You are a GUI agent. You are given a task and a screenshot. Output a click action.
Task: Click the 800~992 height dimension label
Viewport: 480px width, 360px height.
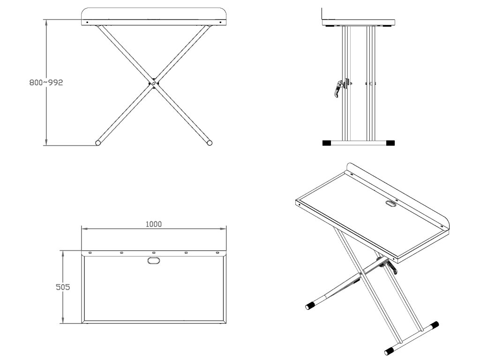46,82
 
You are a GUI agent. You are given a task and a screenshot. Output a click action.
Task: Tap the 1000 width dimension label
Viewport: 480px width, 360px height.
153,224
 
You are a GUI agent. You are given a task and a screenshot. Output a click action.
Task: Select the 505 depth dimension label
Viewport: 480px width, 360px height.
63,287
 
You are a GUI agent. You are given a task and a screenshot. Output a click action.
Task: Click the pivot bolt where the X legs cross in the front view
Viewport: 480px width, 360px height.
153,82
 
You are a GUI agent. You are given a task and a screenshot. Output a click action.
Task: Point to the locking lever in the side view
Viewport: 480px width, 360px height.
338,89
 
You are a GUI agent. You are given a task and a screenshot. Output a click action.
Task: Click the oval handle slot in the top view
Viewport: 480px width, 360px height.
153,261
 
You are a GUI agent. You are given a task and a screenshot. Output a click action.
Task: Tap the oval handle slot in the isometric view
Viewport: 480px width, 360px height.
390,204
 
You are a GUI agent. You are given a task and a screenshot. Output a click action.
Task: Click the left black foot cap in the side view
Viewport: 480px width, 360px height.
327,142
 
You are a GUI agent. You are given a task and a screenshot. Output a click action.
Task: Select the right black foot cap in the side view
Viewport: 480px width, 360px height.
390,142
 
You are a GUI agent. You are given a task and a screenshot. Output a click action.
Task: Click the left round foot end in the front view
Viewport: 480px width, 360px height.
98,142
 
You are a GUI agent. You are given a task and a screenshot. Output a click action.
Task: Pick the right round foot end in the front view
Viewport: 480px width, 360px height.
210,142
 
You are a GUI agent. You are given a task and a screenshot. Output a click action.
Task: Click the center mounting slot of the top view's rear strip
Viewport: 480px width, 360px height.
154,253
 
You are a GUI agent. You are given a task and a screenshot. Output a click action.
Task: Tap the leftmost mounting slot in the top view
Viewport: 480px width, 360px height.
90,253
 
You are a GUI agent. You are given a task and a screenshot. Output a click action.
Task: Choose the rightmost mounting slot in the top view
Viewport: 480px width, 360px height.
217,253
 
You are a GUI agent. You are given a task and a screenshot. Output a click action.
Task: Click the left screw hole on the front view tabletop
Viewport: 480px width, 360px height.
87,22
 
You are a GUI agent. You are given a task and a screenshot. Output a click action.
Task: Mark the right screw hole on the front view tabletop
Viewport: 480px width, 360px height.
221,22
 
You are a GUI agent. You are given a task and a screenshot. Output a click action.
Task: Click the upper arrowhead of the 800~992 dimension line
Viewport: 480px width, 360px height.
46,22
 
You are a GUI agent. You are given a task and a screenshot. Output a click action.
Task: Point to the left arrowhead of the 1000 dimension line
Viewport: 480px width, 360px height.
85,229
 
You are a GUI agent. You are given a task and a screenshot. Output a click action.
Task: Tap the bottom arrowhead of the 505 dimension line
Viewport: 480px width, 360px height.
63,320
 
